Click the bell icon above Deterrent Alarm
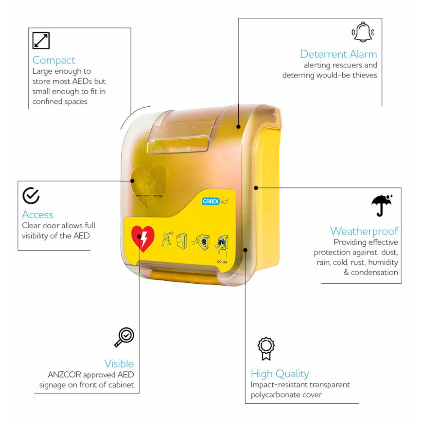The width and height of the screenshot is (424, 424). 363,32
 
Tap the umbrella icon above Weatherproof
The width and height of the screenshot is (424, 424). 382,205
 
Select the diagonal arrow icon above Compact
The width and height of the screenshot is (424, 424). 41,40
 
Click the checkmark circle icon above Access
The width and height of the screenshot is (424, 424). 31,195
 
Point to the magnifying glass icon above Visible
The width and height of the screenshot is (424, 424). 124,337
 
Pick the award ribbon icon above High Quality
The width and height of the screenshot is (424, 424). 266,349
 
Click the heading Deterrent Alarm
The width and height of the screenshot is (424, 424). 338,54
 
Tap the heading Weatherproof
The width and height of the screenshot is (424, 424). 364,231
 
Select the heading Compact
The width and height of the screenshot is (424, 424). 54,61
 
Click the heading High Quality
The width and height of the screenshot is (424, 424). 279,374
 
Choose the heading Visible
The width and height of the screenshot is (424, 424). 119,364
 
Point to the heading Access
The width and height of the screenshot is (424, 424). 37,215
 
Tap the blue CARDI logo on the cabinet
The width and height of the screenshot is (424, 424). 211,201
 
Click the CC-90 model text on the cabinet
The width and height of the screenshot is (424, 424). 222,262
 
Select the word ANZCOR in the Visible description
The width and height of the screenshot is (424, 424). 64,375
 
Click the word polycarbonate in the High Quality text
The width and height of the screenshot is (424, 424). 274,395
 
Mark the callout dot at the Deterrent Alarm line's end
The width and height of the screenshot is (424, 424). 238,126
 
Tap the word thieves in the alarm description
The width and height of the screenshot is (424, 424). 365,75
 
